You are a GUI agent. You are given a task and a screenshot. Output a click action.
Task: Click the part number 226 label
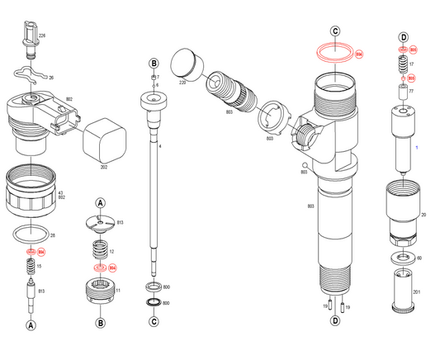43,36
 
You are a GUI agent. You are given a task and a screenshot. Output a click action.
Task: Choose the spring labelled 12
99,249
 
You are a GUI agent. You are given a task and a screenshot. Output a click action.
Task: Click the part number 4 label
160,146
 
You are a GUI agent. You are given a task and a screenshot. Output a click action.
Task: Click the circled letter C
335,31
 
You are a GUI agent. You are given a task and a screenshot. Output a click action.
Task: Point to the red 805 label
414,50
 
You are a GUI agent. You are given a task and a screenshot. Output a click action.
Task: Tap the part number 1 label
417,147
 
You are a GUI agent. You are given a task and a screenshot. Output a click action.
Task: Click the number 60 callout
419,258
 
